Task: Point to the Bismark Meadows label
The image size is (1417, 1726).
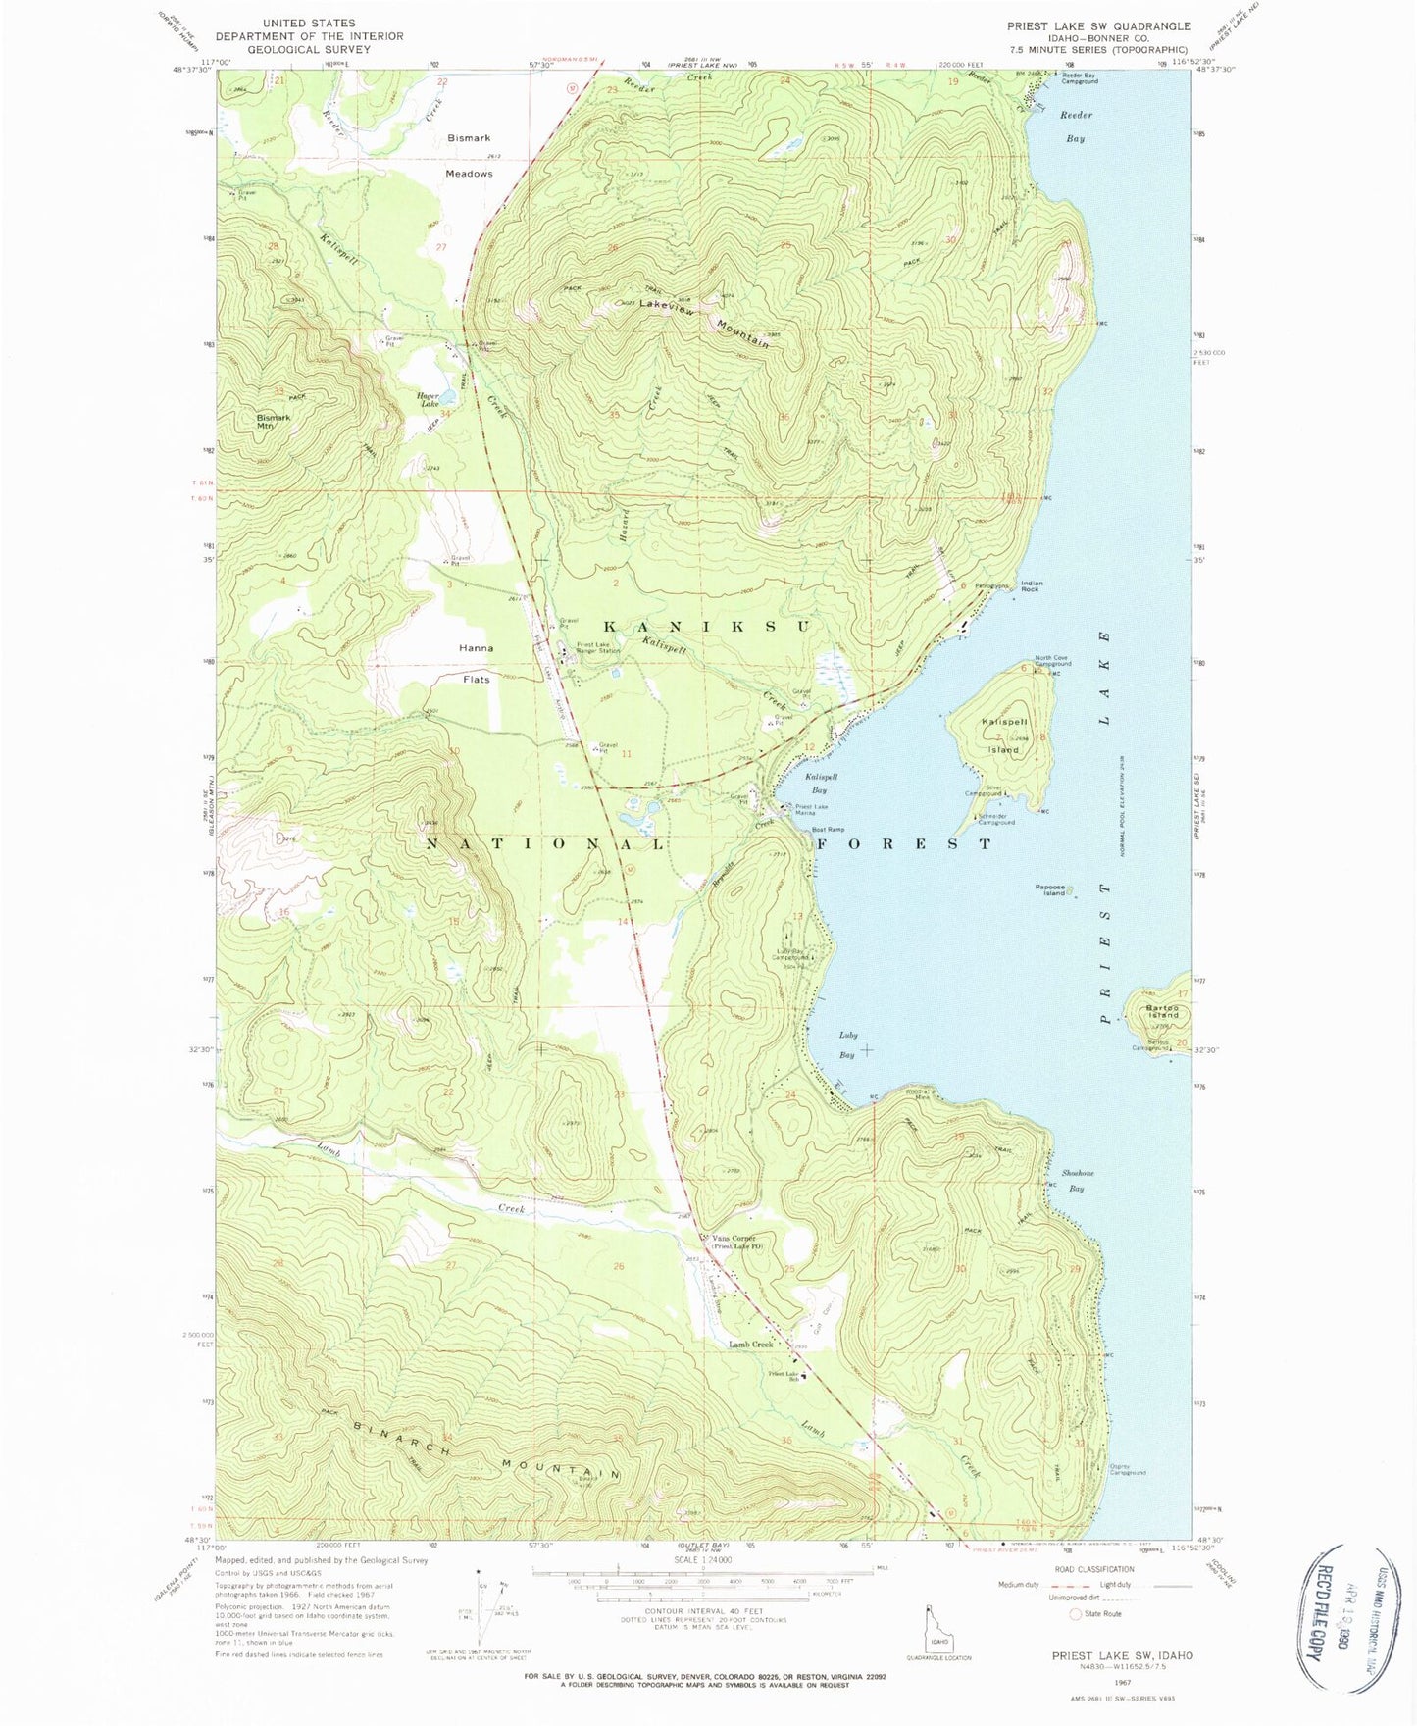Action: coord(470,155)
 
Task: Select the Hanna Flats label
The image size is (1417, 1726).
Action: coord(476,662)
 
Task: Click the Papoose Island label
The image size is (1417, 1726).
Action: coord(1049,889)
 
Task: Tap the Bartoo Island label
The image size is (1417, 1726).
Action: coord(1164,1010)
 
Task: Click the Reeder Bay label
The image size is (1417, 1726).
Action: coord(1076,127)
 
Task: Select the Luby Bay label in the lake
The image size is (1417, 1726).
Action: coord(847,1043)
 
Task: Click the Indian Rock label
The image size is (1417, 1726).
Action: coord(1032,585)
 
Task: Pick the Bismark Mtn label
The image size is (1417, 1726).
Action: coord(274,421)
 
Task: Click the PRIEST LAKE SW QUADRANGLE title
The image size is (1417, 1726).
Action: coord(1098,26)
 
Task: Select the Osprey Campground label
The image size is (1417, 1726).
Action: coord(1127,1469)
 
